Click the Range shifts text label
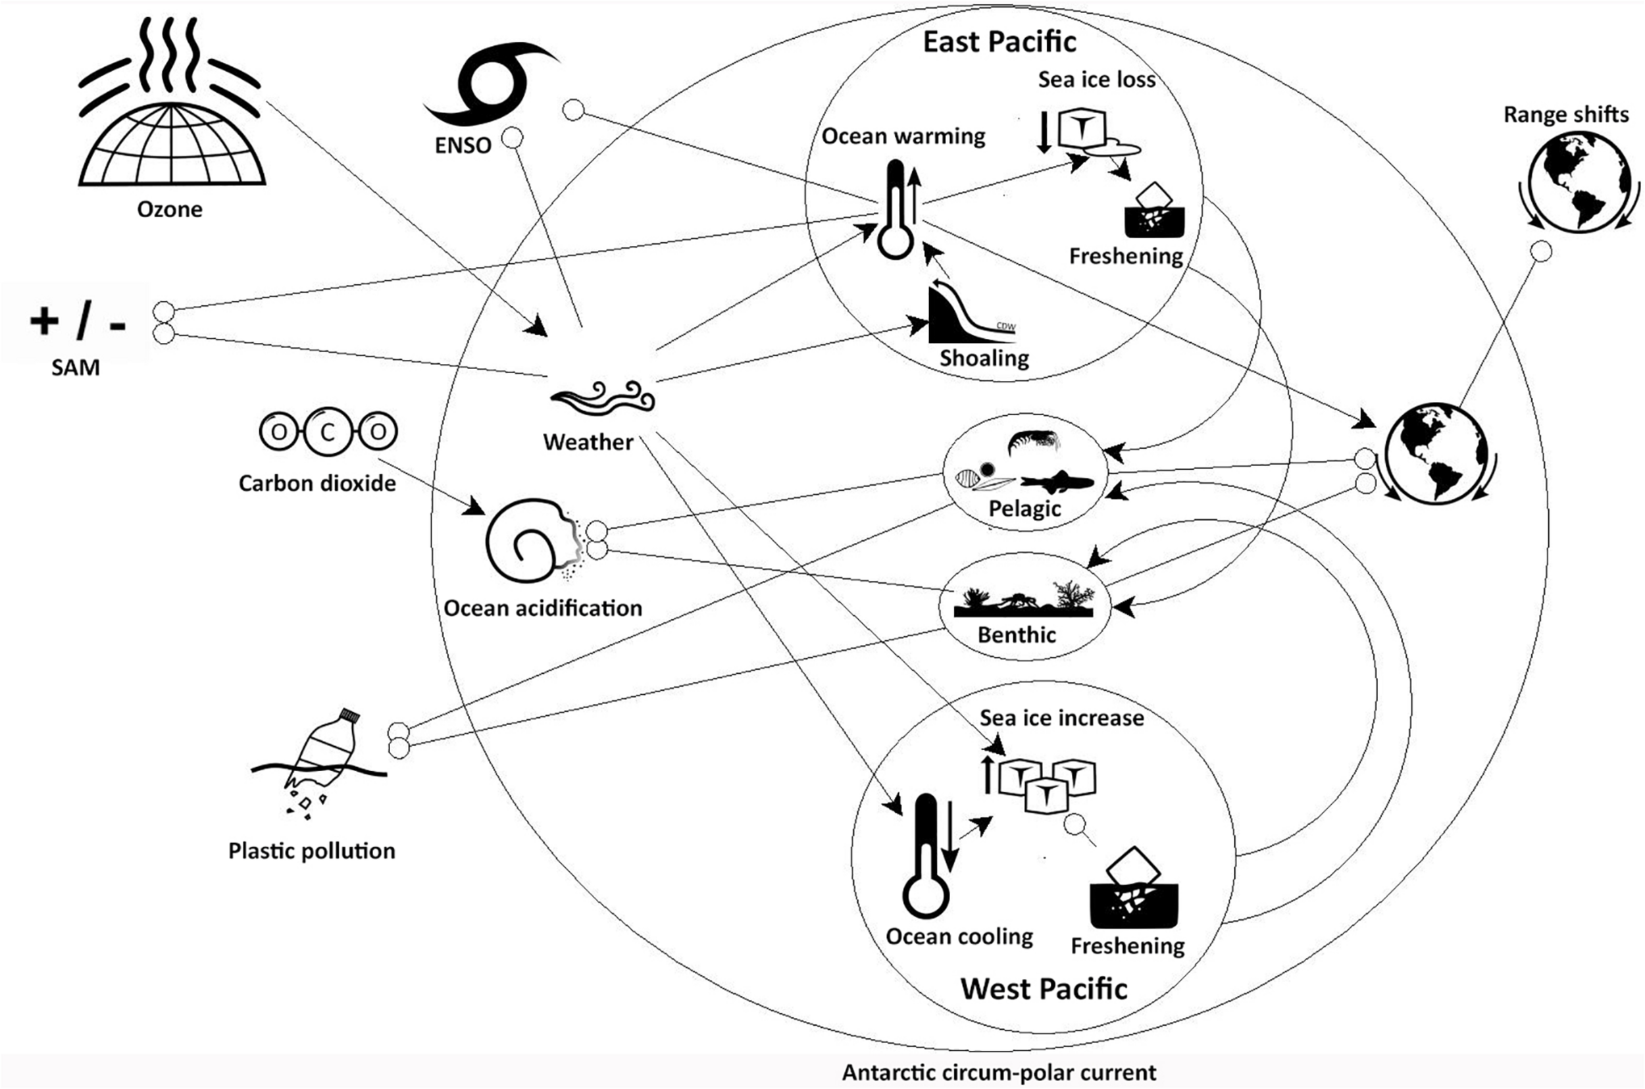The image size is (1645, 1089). click(1565, 114)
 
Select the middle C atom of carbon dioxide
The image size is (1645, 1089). click(328, 433)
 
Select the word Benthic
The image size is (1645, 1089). click(1017, 635)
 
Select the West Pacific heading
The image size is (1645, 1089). click(1044, 988)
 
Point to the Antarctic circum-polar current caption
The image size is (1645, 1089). click(1000, 1073)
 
